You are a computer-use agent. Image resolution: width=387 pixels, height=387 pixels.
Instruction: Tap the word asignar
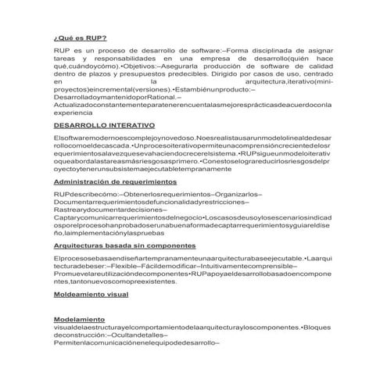[x=321, y=51]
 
